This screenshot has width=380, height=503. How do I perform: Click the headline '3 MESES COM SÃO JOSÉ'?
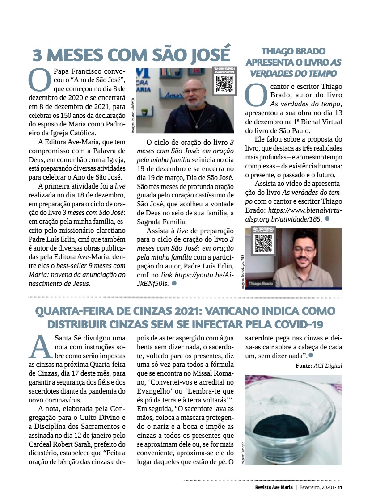click(x=131, y=54)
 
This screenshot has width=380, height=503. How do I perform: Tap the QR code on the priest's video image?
click(x=224, y=84)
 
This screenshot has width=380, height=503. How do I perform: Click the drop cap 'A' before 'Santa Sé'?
click(x=40, y=347)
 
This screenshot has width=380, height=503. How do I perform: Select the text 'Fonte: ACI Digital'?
click(x=319, y=365)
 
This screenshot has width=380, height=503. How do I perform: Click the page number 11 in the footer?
click(x=340, y=487)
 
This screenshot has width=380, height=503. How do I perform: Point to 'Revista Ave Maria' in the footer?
click(x=270, y=487)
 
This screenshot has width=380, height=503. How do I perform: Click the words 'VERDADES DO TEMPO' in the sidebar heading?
click(x=293, y=73)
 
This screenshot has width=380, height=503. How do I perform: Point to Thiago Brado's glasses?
click(x=304, y=250)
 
